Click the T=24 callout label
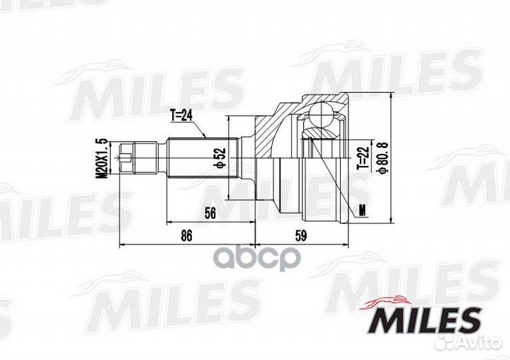(x=181, y=116)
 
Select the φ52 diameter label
(x=220, y=157)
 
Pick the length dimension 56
(x=210, y=213)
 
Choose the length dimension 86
(x=186, y=235)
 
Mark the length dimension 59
(x=301, y=235)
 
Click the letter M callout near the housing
(x=363, y=210)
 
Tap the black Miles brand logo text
(x=426, y=320)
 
